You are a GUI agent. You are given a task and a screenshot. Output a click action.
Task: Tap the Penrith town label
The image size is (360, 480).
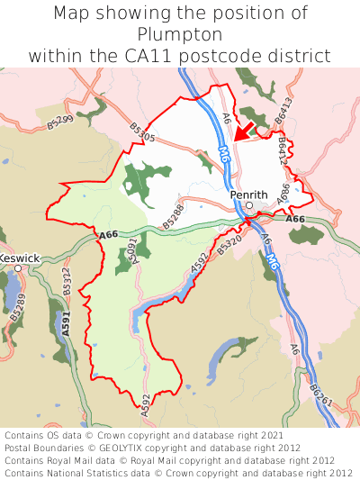(248, 194)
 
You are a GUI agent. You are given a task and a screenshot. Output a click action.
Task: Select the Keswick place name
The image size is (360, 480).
(20, 258)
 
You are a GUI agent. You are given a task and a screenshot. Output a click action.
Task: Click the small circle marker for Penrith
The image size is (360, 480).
(249, 205)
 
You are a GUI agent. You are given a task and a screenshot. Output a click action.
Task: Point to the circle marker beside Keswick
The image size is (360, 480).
(4, 267)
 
